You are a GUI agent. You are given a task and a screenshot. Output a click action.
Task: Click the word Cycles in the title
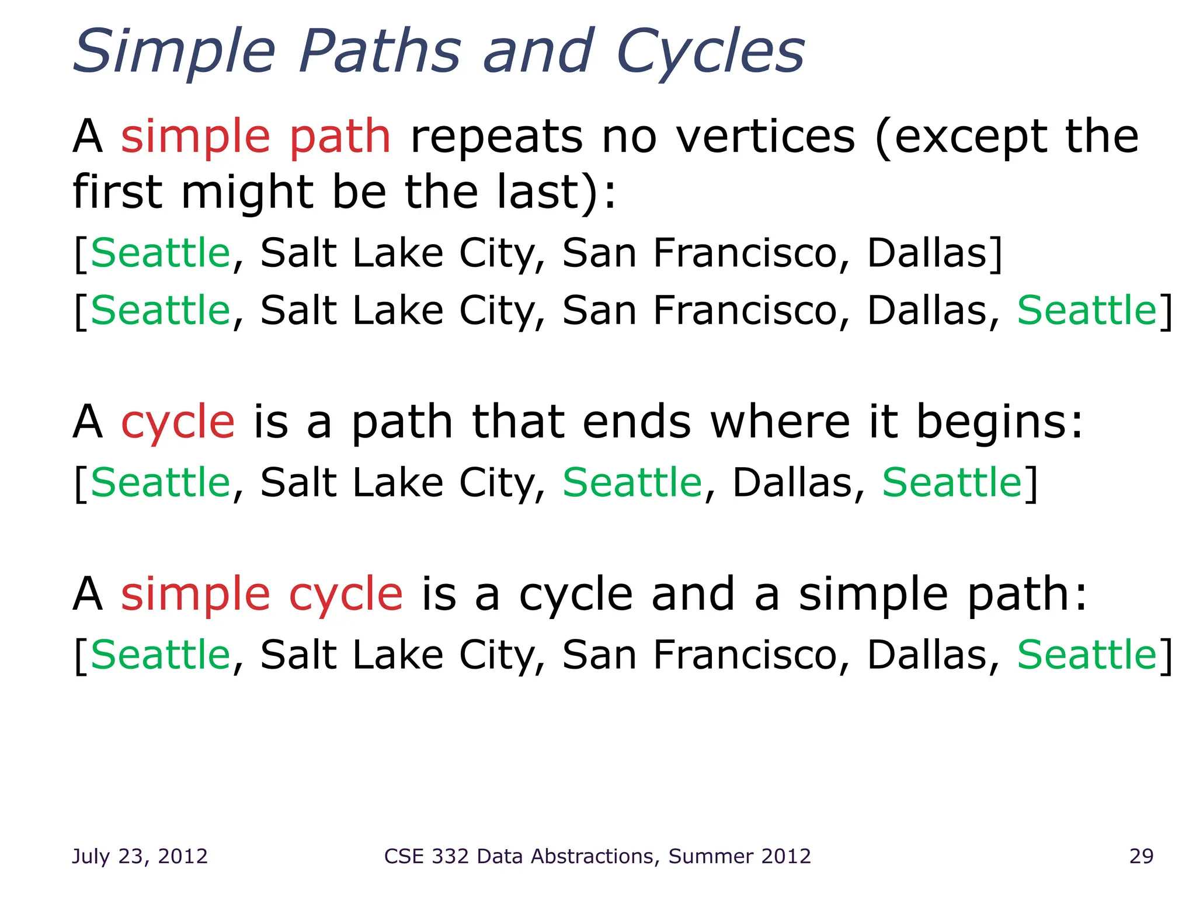tap(710, 53)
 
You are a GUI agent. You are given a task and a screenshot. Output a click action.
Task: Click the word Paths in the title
tap(380, 53)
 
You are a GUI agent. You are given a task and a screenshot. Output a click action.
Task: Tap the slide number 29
tap(1141, 856)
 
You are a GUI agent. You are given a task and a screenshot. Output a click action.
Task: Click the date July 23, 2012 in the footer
tap(140, 856)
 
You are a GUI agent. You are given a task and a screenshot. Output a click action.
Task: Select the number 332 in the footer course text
tap(450, 856)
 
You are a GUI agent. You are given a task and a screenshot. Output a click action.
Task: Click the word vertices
tap(766, 137)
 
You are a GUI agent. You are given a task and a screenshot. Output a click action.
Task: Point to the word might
tap(248, 193)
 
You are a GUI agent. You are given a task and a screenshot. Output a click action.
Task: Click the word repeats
tap(496, 138)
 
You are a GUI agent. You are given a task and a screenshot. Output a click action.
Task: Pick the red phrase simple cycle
tap(262, 594)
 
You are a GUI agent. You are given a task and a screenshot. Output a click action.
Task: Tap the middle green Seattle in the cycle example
tap(632, 483)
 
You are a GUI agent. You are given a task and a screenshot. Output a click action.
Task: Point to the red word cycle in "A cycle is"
tap(178, 423)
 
